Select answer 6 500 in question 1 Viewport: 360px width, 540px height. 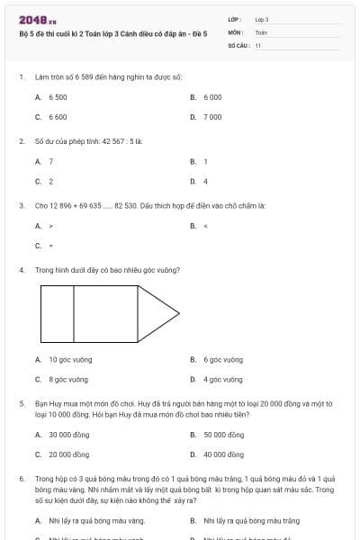[58, 96]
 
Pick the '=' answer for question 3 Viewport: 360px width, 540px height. [51, 246]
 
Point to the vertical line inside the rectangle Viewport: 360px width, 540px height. [73, 314]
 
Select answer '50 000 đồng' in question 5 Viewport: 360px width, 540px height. [223, 434]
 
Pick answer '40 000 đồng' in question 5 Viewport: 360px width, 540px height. [223, 454]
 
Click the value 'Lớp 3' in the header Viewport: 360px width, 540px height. [262, 19]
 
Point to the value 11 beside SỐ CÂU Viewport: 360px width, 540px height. [258, 45]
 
